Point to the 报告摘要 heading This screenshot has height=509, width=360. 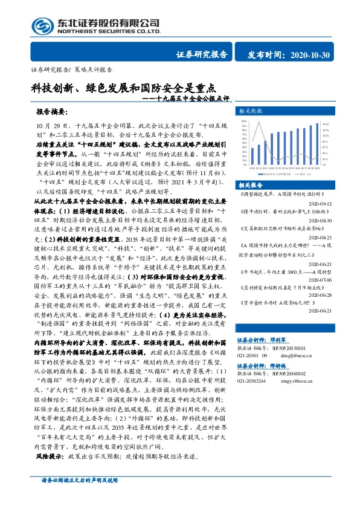[52, 112]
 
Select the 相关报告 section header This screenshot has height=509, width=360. [250, 184]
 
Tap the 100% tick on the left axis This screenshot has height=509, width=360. [244, 121]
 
